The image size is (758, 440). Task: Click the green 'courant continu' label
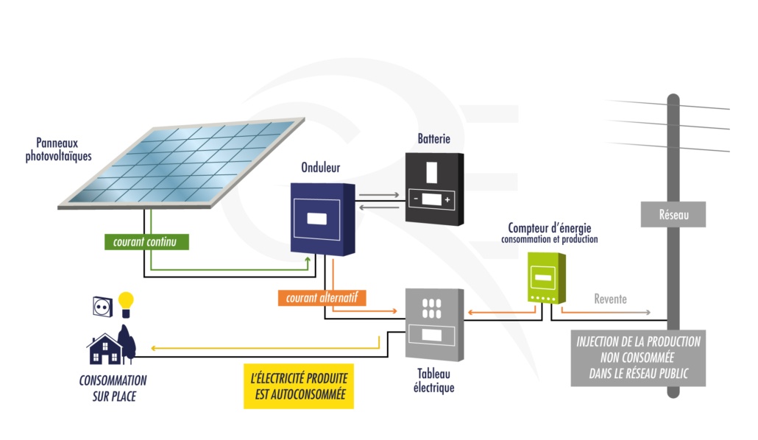point(145,241)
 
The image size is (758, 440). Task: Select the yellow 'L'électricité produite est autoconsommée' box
point(299,386)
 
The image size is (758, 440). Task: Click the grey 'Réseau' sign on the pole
point(673,214)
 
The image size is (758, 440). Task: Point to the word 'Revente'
point(611,299)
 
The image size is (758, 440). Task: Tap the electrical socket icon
point(103,306)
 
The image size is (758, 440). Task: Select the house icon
point(105,349)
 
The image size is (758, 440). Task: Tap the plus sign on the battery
point(447,199)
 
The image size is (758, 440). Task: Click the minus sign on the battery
point(416,199)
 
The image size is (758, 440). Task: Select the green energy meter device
point(546,277)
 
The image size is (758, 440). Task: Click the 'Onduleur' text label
point(321,168)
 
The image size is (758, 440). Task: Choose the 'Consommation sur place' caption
point(113,388)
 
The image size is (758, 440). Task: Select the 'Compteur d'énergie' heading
point(549,229)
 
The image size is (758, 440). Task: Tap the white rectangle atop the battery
point(432,172)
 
